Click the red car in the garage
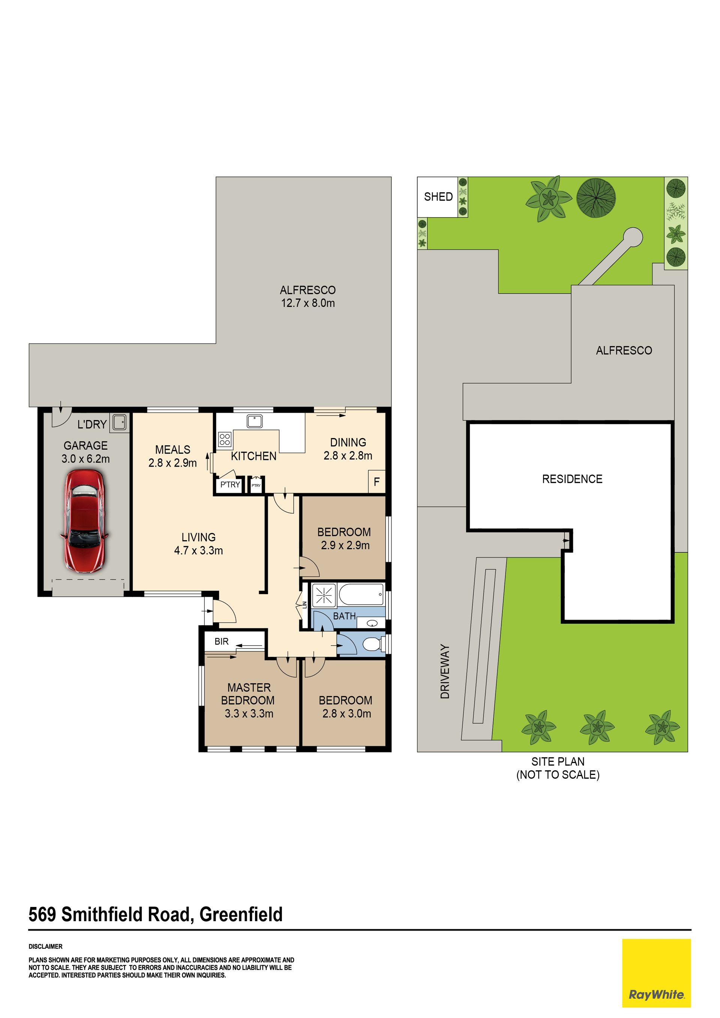pos(85,521)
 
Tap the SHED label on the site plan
pos(438,197)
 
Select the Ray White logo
pos(656,979)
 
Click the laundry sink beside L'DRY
pos(119,422)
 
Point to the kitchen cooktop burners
pos(225,439)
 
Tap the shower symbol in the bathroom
pos(324,595)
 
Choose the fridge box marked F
pos(376,482)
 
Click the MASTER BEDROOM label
pos(248,694)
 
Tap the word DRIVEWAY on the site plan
pos(445,672)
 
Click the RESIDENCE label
pos(572,479)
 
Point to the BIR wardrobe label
pos(221,641)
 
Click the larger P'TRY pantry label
pos(230,485)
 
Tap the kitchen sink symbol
pos(255,421)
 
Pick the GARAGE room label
pos(85,446)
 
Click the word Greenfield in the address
pos(241,914)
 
